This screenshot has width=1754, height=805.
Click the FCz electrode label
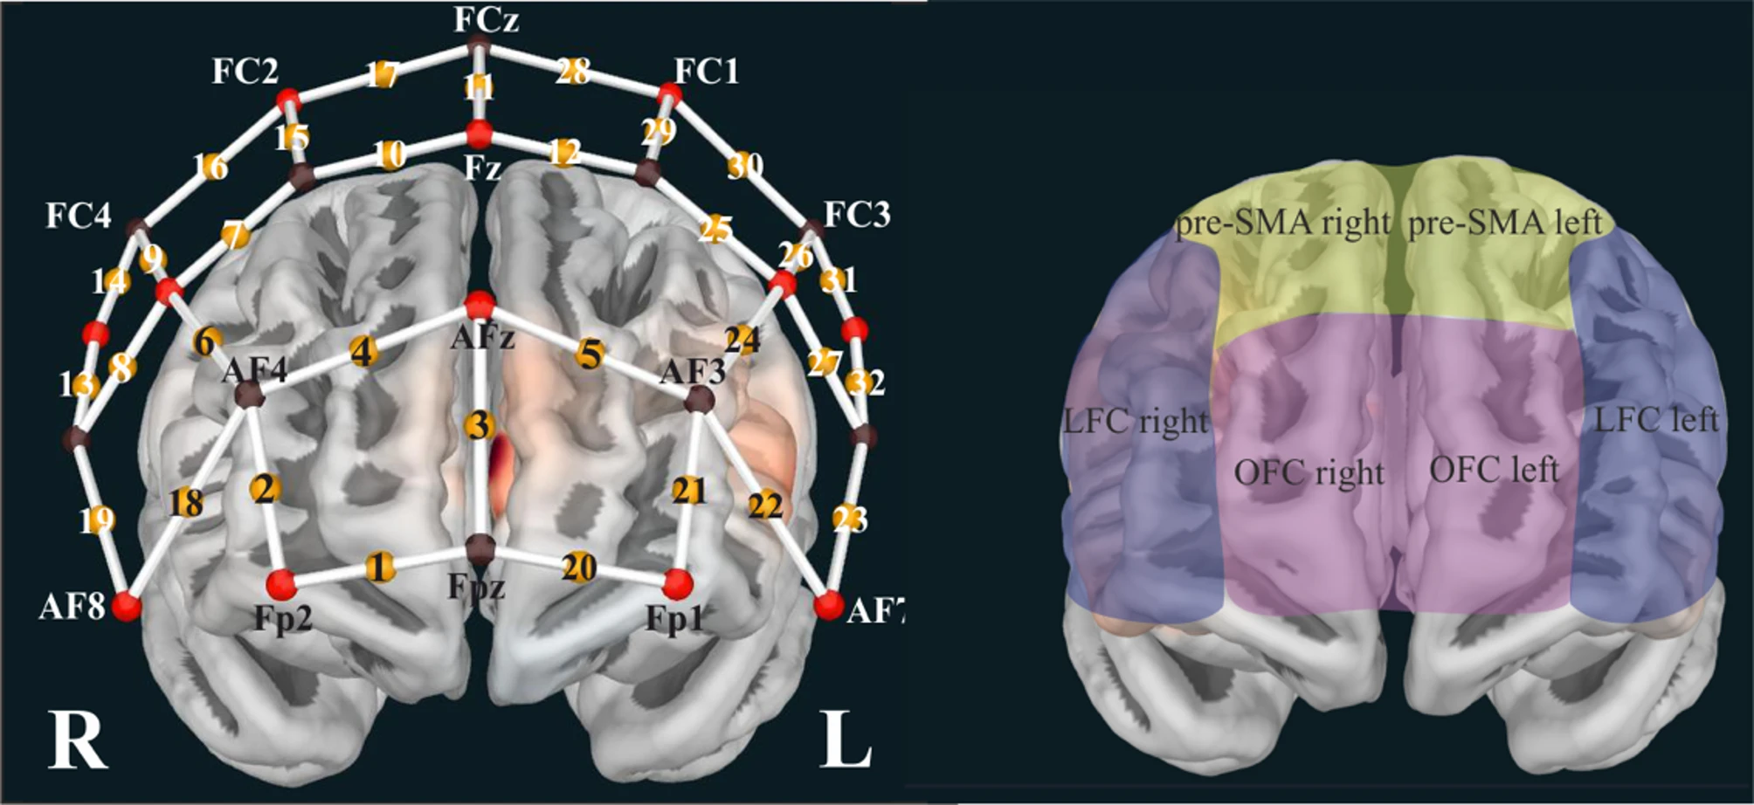click(487, 19)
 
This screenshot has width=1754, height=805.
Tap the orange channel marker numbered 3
click(478, 426)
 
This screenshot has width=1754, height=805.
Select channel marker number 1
click(378, 567)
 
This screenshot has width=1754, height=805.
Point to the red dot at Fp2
click(281, 583)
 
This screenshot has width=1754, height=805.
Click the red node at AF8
click(128, 605)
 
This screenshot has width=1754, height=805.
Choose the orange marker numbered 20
click(578, 568)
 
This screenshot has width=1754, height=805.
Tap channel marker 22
click(765, 505)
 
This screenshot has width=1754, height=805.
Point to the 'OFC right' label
click(1309, 473)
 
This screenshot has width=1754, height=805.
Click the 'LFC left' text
click(1656, 420)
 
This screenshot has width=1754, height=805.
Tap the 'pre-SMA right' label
click(1282, 224)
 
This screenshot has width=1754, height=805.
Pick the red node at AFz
click(479, 306)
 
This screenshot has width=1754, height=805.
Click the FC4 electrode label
click(79, 216)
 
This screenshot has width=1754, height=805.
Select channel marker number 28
click(572, 71)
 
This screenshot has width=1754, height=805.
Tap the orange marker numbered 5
click(590, 354)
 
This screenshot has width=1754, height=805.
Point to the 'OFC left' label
click(1494, 470)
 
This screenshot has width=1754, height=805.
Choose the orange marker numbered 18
click(186, 502)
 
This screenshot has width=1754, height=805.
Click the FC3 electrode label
click(857, 214)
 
